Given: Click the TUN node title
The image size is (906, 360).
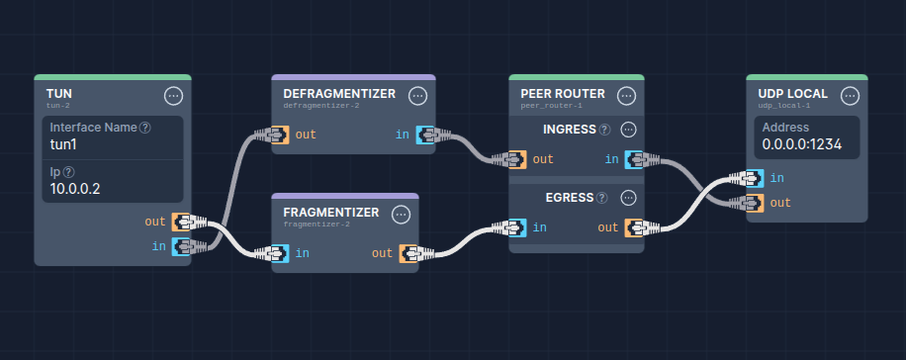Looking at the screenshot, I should [59, 94].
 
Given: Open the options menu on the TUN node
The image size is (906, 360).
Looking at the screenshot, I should [173, 96].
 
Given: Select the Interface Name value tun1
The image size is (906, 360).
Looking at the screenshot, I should [63, 143].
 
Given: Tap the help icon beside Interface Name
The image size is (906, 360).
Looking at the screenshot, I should [145, 128].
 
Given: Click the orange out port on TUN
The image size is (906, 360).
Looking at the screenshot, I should [182, 222].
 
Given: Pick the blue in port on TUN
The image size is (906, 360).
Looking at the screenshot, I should [182, 245].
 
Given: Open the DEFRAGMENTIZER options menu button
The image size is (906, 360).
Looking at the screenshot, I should [417, 96].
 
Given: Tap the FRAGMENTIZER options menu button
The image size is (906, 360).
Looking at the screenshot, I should [401, 215].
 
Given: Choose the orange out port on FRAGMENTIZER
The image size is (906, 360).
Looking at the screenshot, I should [409, 253].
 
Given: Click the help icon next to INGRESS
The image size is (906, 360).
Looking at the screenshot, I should [604, 130].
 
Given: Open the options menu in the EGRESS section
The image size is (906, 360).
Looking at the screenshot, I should [628, 198].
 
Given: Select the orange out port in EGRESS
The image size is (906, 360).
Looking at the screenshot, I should [635, 227].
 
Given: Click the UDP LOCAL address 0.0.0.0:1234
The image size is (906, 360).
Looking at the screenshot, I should [802, 143].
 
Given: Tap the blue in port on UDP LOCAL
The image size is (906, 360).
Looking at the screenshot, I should [754, 178].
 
